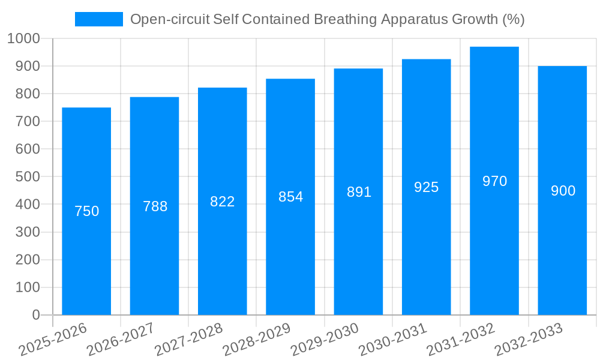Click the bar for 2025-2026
click(86, 211)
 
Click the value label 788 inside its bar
click(155, 206)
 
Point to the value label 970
click(494, 181)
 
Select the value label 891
click(359, 192)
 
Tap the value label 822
click(222, 202)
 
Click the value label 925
click(426, 187)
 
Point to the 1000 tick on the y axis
click(24, 38)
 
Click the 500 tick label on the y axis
click(27, 177)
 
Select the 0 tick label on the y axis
click(35, 315)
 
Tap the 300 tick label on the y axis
click(27, 232)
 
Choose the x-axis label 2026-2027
click(121, 340)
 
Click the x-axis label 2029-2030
click(325, 340)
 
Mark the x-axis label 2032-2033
click(529, 340)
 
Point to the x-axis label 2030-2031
click(392, 340)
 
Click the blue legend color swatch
click(98, 19)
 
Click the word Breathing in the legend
click(352, 19)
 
